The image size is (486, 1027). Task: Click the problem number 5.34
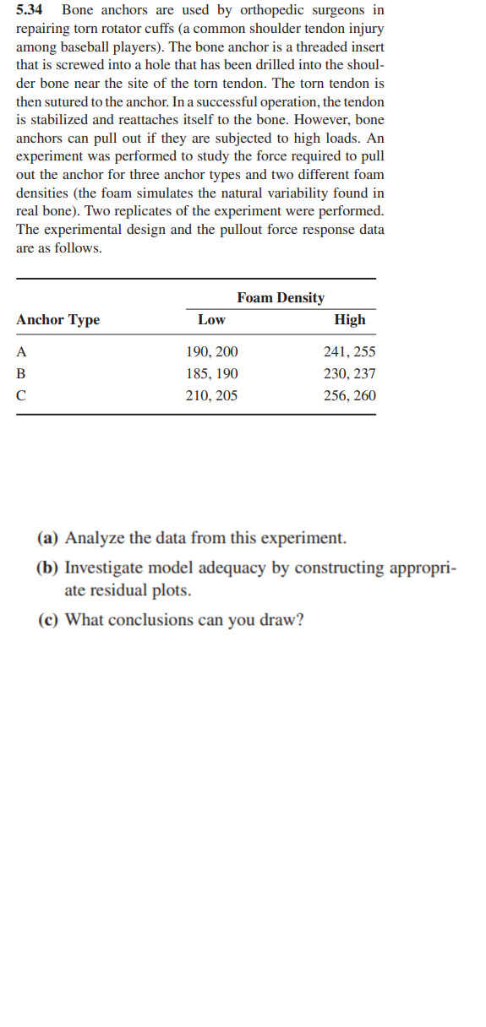(x=31, y=10)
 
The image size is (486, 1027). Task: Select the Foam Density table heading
(x=281, y=297)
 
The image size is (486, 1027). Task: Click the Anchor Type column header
(x=57, y=319)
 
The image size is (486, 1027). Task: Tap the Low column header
(x=211, y=319)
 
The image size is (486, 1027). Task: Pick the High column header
(x=350, y=319)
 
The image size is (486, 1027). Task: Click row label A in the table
(x=22, y=351)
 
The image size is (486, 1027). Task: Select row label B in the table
(x=22, y=373)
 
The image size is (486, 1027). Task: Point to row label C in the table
(x=22, y=395)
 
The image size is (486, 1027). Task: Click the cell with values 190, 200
(x=212, y=351)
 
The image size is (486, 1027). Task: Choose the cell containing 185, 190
(x=212, y=373)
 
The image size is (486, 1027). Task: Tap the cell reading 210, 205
(x=212, y=395)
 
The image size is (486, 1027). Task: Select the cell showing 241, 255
(x=350, y=351)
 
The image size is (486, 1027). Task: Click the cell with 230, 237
(x=350, y=373)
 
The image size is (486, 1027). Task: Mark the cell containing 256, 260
(x=350, y=395)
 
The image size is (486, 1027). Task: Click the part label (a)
(x=49, y=538)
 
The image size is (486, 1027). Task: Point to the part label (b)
(x=49, y=568)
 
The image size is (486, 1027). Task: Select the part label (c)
(x=49, y=620)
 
